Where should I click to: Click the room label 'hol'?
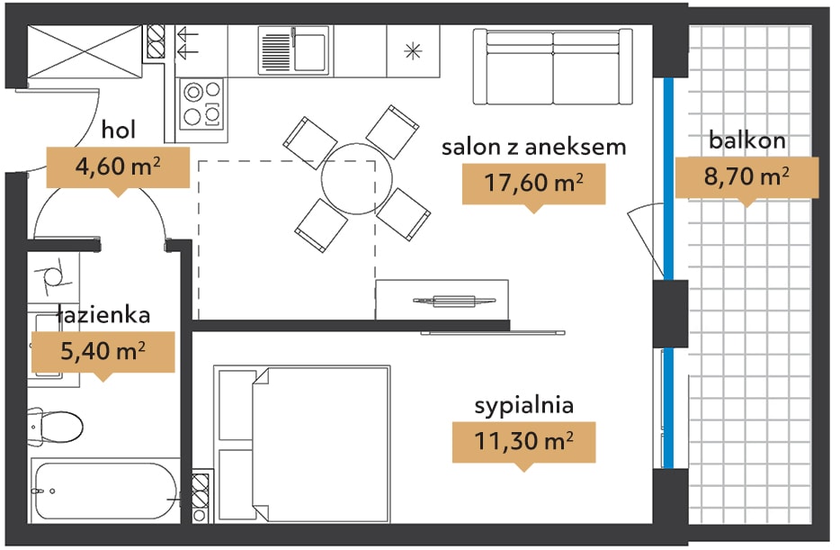(119, 130)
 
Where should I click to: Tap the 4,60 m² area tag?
(118, 167)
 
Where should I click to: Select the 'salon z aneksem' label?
(533, 147)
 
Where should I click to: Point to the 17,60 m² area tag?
(533, 184)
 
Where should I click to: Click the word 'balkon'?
(747, 140)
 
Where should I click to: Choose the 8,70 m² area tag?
(746, 177)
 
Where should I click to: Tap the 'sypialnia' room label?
(524, 406)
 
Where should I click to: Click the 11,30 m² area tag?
(524, 442)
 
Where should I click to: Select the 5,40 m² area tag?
(103, 352)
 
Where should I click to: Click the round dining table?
(356, 179)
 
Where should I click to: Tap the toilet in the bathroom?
(55, 427)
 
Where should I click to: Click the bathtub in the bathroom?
(105, 491)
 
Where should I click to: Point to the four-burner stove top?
(201, 104)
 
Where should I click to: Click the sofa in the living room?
(553, 67)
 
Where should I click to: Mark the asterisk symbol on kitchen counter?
(413, 51)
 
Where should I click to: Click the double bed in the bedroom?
(302, 444)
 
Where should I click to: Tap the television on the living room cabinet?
(454, 301)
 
